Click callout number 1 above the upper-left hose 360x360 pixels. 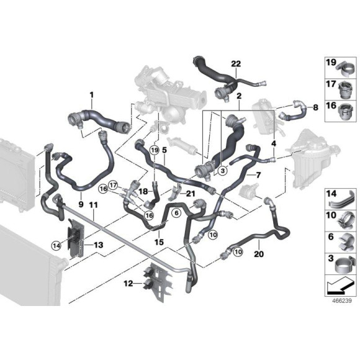pyautogui.click(x=91, y=94)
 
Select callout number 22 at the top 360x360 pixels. pyautogui.click(x=235, y=64)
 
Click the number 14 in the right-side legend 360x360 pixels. pyautogui.click(x=331, y=194)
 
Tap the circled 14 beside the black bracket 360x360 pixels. pyautogui.click(x=57, y=245)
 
